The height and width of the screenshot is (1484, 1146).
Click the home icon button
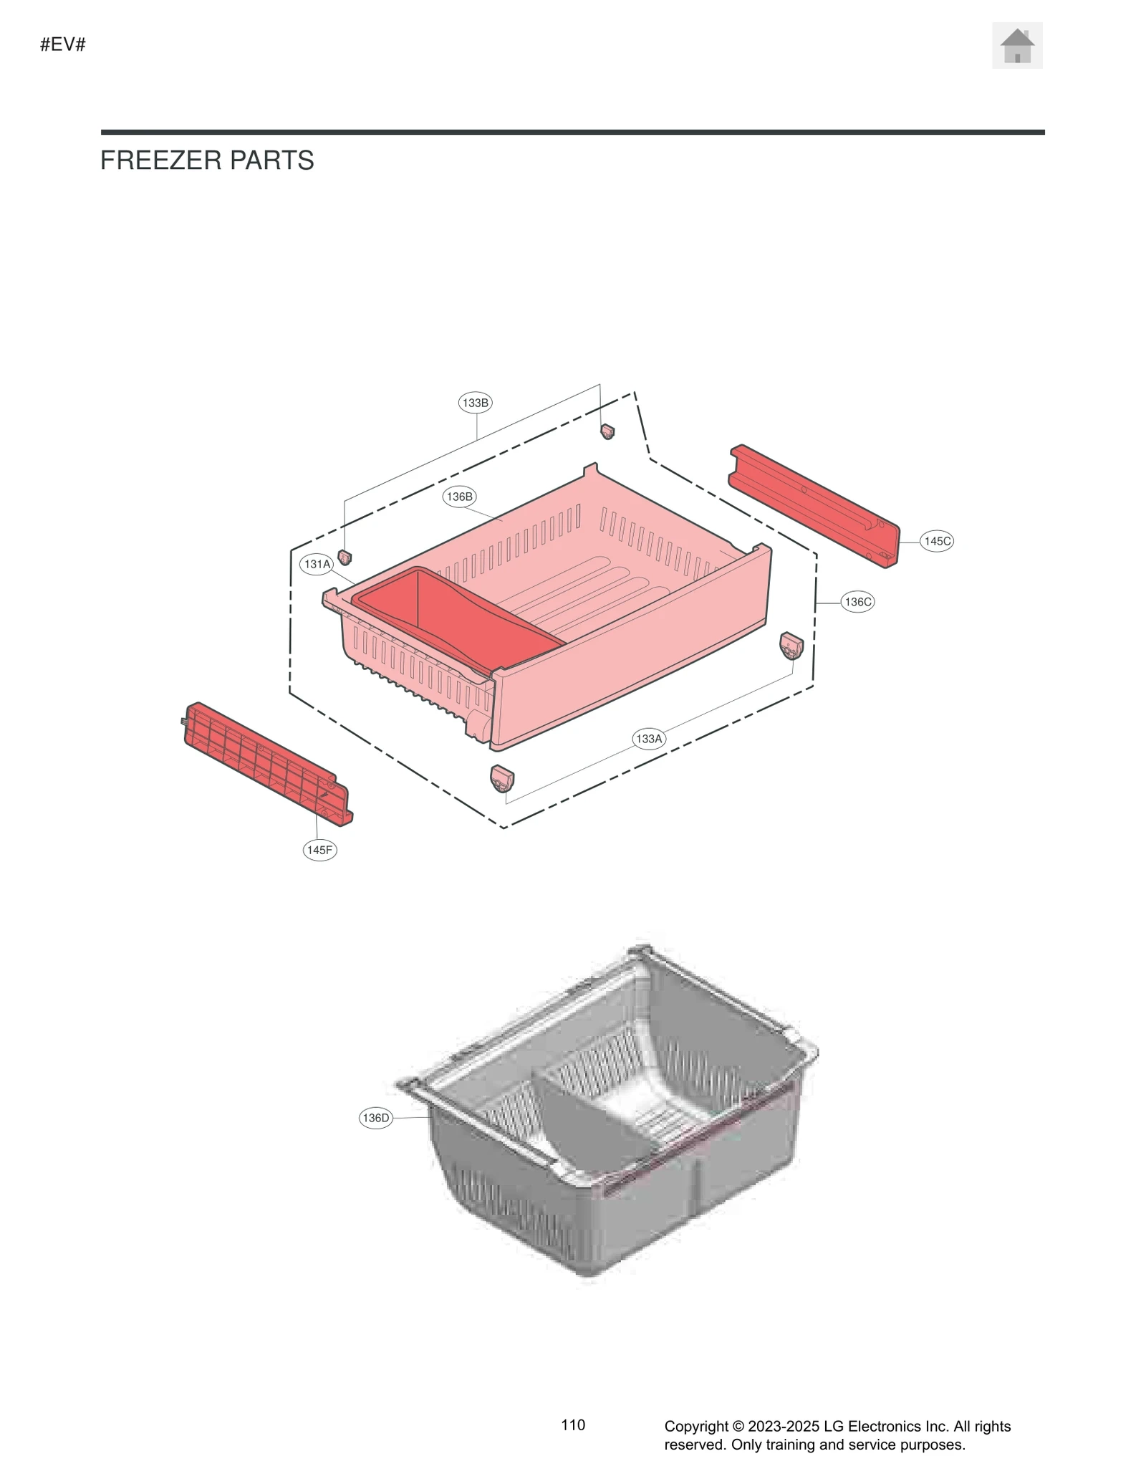pos(1016,46)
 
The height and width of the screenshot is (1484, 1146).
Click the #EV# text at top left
pos(63,44)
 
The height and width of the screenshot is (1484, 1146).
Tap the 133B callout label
pos(475,403)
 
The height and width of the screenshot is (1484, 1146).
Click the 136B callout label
pos(459,497)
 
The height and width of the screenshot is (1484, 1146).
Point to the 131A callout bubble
pos(317,564)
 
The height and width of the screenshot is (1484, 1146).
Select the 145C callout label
pos(936,541)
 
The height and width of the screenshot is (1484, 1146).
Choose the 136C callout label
pos(857,602)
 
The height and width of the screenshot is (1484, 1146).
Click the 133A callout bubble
pos(649,738)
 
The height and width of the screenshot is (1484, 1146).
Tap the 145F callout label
pos(319,850)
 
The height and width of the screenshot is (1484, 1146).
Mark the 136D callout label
pos(375,1118)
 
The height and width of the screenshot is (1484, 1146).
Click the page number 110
pos(573,1425)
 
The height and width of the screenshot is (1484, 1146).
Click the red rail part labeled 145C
pos(813,506)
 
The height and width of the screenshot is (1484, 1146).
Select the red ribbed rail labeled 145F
pos(267,764)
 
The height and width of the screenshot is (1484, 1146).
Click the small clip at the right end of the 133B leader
pos(607,431)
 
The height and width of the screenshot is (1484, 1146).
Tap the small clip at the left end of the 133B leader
pos(345,557)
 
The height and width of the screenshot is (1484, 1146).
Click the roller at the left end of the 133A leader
pos(501,777)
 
